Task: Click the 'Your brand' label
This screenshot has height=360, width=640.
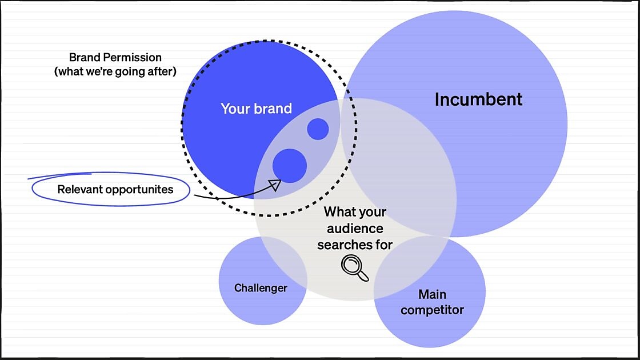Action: tap(257, 109)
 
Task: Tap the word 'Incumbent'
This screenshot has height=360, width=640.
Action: tap(478, 99)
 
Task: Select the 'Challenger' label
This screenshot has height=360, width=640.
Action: tap(261, 288)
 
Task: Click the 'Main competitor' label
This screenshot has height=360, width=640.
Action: tap(432, 302)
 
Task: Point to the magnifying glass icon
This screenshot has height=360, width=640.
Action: tap(354, 268)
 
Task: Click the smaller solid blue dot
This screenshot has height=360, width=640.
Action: tap(318, 129)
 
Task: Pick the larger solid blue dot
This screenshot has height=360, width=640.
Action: tap(290, 166)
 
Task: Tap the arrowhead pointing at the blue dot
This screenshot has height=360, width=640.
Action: tap(275, 185)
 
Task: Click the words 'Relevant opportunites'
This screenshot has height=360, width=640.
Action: tap(115, 190)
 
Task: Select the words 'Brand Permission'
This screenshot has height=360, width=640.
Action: tap(115, 57)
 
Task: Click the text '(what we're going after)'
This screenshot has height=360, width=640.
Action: tap(115, 72)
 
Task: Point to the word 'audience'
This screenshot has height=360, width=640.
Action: tap(355, 229)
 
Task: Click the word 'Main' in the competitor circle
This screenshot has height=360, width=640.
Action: tap(432, 294)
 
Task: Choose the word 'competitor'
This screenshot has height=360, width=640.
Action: tap(432, 310)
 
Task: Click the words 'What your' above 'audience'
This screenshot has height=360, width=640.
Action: tap(355, 212)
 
